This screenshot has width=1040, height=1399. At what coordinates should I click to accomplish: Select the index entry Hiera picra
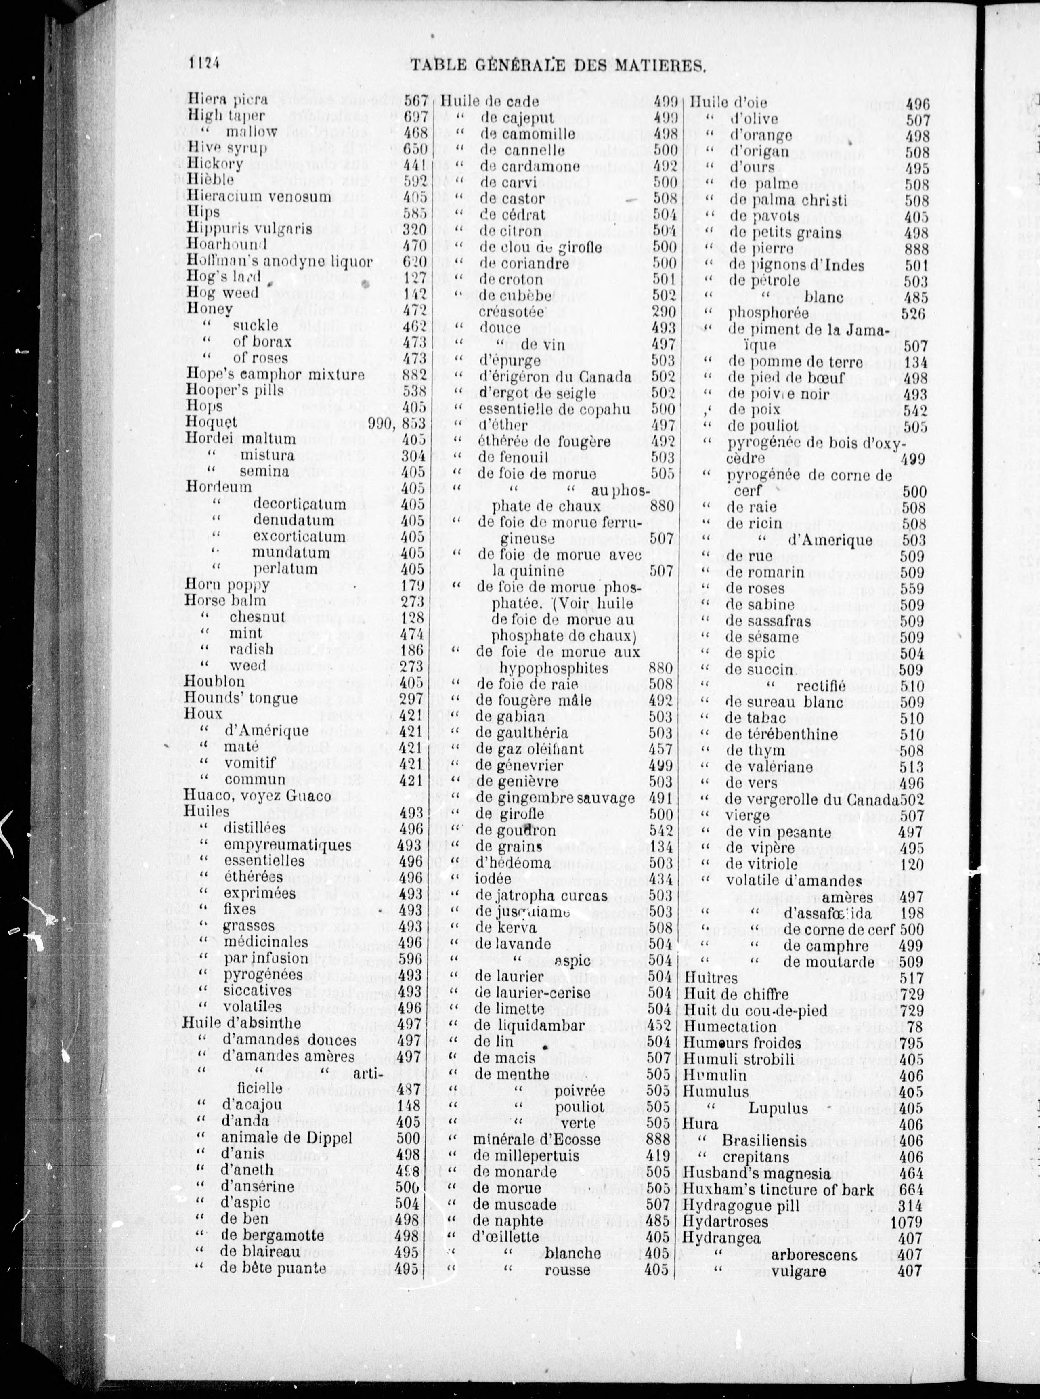point(227,99)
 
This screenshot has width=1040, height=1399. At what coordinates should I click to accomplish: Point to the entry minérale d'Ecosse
point(537,1140)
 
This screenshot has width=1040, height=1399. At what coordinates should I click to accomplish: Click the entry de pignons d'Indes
point(797,265)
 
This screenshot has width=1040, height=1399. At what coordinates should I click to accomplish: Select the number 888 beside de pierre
point(916,249)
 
